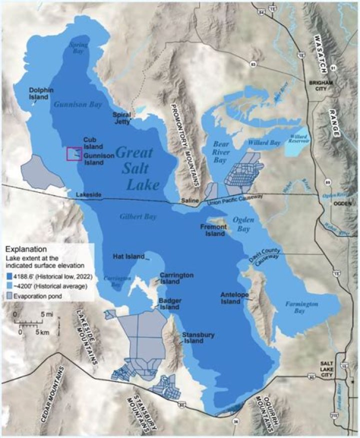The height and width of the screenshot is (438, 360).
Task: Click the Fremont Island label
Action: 212,230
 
